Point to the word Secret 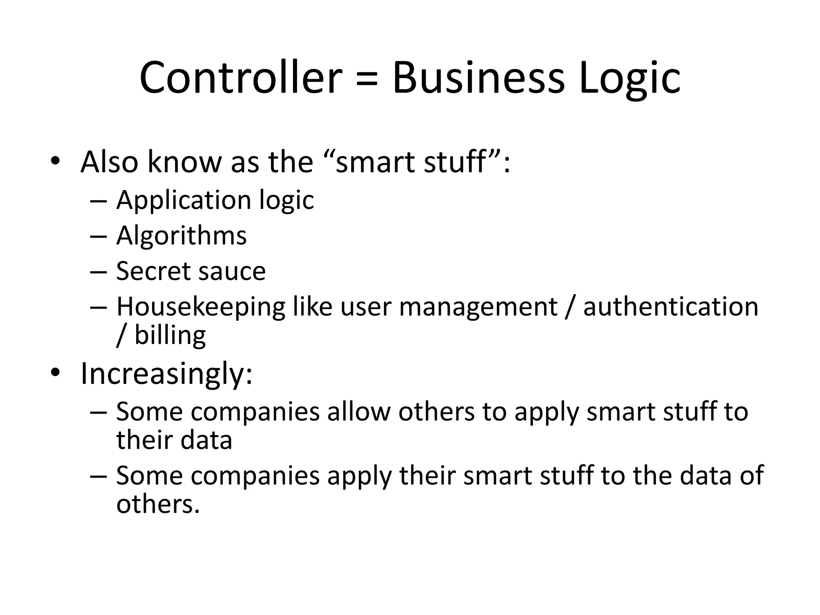(x=152, y=271)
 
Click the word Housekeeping (x=201, y=307)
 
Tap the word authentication (x=671, y=307)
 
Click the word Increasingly (x=167, y=374)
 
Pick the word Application (x=182, y=200)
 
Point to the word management (x=478, y=307)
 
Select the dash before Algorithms (x=98, y=236)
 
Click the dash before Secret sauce (x=98, y=272)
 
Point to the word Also (x=109, y=162)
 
